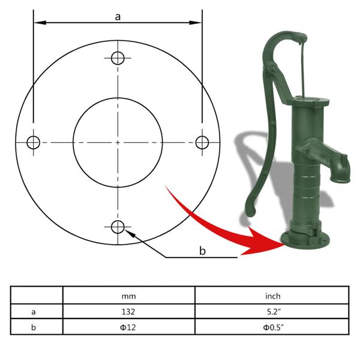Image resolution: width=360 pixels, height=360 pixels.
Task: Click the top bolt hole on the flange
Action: tap(118, 58)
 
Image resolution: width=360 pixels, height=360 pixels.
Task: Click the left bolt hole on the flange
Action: tap(33, 142)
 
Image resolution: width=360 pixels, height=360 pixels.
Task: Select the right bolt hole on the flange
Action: tap(202, 142)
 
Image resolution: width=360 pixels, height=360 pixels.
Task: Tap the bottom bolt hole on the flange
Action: tap(118, 227)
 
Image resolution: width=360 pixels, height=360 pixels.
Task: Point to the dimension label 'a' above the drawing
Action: tap(118, 17)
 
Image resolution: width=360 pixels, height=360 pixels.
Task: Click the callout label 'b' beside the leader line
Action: tap(202, 250)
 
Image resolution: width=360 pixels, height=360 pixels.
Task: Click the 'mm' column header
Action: tap(128, 295)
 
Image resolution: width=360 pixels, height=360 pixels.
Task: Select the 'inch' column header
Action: tap(272, 295)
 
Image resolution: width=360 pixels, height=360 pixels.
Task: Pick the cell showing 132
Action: tap(128, 311)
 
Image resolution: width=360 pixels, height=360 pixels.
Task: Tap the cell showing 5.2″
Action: tap(272, 311)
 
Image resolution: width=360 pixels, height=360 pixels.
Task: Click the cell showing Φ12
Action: tap(128, 328)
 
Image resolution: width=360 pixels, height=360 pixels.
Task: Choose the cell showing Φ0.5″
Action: tap(272, 328)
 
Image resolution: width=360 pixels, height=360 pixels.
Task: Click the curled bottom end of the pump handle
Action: tap(250, 211)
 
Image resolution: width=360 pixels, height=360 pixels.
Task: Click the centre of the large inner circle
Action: tap(118, 142)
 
